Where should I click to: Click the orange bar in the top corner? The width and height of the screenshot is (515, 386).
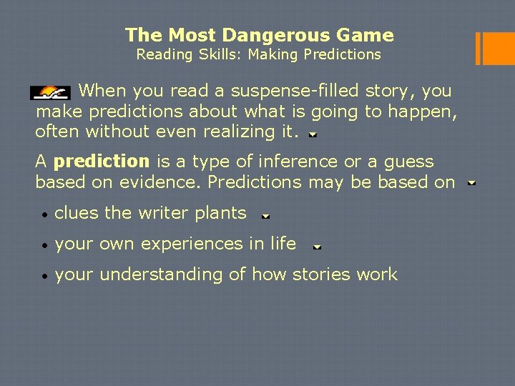point(496,49)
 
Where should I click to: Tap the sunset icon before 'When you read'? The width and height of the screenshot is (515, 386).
point(49,92)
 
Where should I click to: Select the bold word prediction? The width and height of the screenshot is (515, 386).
point(101,162)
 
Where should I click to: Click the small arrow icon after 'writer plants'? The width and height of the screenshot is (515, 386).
point(265,215)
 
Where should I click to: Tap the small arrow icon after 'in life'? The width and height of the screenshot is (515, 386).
point(317,247)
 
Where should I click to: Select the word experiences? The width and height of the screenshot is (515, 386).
point(190,244)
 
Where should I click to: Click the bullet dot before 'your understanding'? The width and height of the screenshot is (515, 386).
point(44,275)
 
